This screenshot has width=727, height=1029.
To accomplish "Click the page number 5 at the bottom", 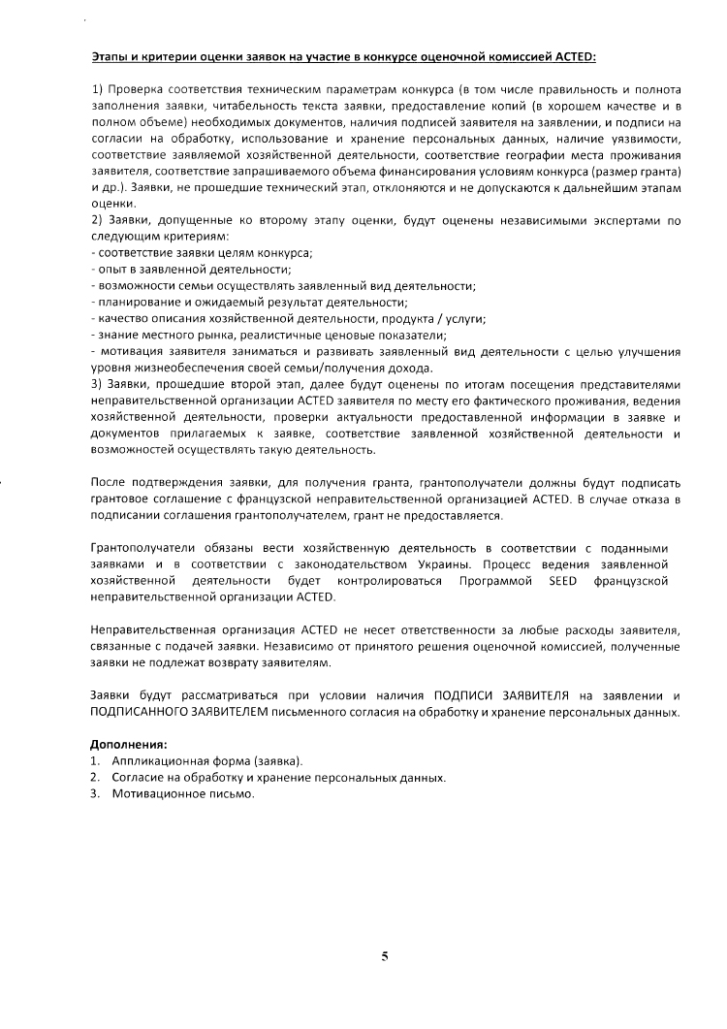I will pyautogui.click(x=385, y=956).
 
